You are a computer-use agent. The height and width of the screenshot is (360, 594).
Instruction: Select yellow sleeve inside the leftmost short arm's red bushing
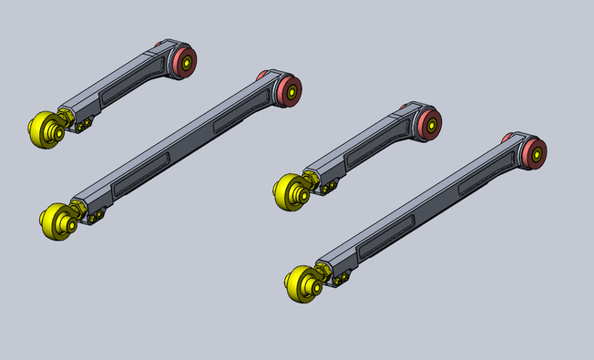[187, 63]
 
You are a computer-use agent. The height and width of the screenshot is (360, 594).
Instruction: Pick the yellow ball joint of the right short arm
[290, 192]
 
